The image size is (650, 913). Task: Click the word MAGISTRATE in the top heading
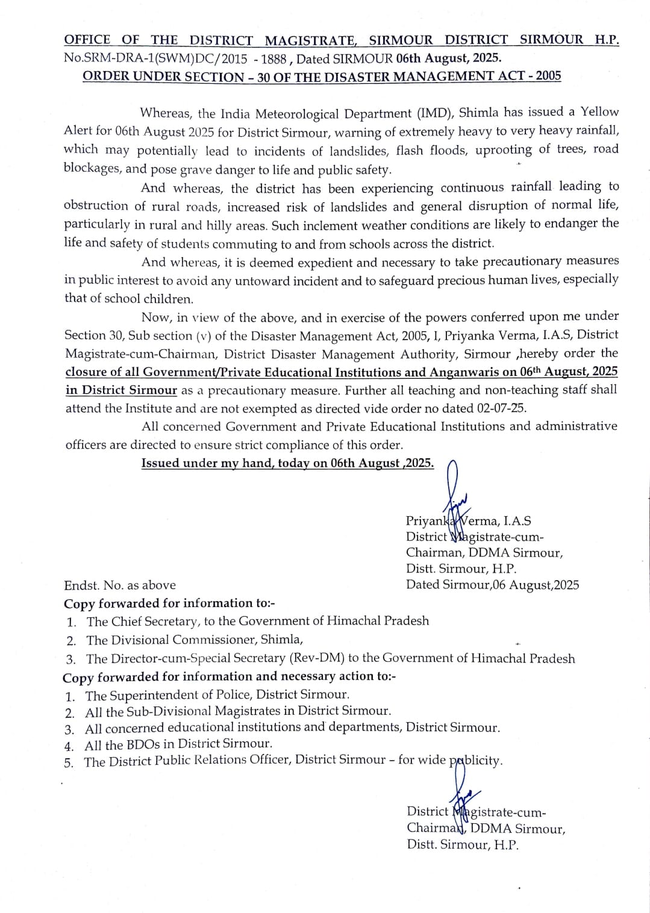311,41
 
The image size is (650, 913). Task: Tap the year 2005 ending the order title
548,76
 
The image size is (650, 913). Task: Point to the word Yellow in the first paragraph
599,112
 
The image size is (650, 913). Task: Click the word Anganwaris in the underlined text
465,372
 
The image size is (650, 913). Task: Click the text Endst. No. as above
120,585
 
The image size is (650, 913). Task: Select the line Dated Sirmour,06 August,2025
492,585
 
